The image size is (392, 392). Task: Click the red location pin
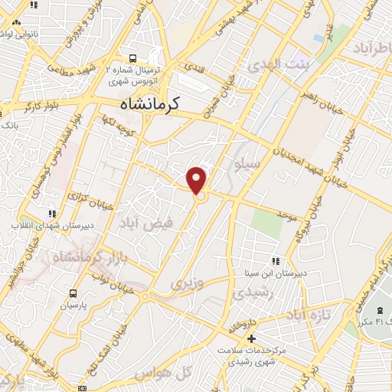(198, 179)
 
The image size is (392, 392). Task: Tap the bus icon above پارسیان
(73, 293)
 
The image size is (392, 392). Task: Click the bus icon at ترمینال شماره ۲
(133, 57)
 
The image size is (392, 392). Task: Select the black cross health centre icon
(250, 338)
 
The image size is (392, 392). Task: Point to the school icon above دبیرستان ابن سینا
(276, 261)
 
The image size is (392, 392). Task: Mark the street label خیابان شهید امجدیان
(284, 154)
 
